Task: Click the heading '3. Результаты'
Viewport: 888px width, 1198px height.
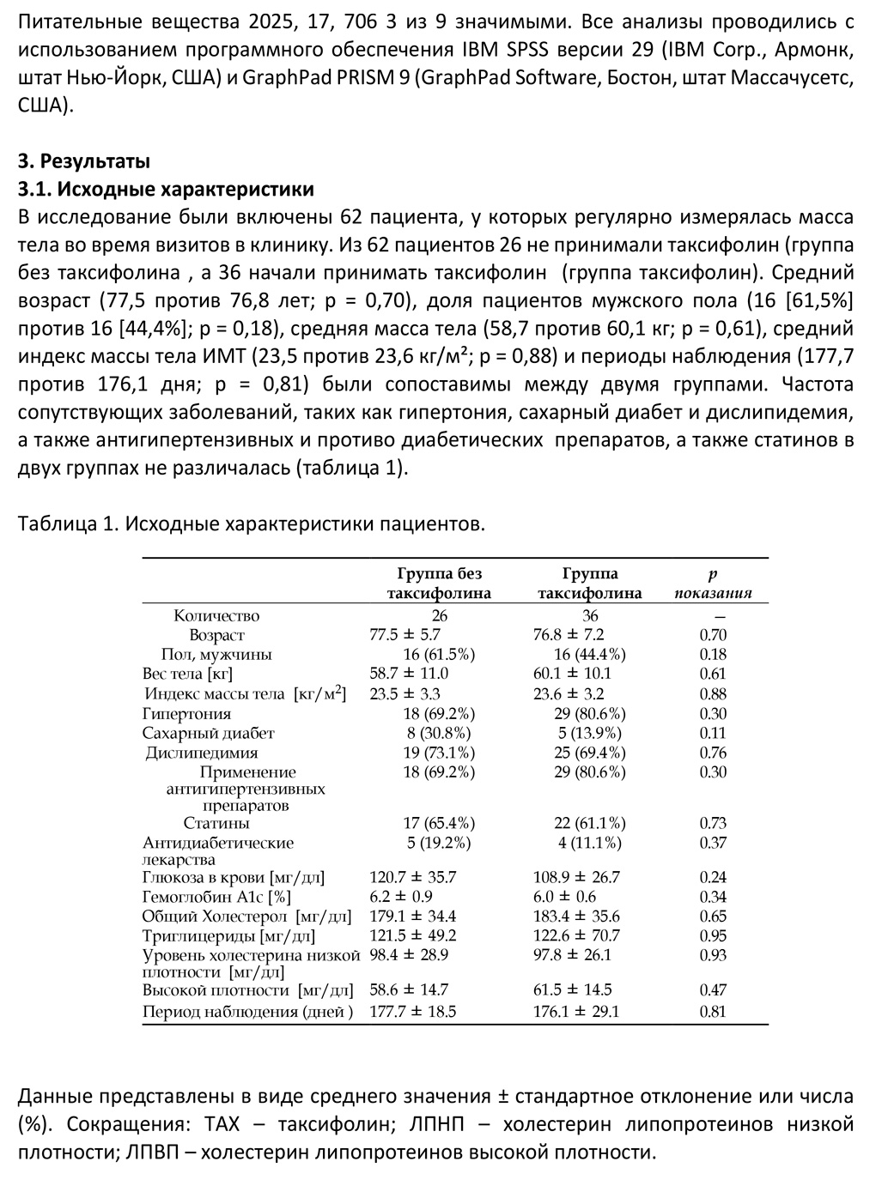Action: pyautogui.click(x=83, y=160)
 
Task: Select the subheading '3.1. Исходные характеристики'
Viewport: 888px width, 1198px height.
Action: pyautogui.click(x=166, y=189)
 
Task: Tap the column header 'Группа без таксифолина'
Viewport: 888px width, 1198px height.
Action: pyautogui.click(x=439, y=584)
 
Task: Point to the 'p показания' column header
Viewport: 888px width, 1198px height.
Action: pyautogui.click(x=713, y=584)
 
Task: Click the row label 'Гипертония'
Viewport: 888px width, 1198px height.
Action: pyautogui.click(x=186, y=714)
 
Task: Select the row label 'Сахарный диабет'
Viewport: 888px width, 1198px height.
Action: pyautogui.click(x=208, y=734)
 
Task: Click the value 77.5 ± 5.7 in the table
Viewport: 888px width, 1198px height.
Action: pyautogui.click(x=404, y=635)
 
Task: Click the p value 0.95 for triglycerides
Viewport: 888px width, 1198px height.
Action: pyautogui.click(x=713, y=936)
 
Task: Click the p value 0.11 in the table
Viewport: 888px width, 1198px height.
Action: pyautogui.click(x=713, y=734)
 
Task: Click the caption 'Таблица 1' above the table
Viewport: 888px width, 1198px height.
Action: pyautogui.click(x=66, y=524)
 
